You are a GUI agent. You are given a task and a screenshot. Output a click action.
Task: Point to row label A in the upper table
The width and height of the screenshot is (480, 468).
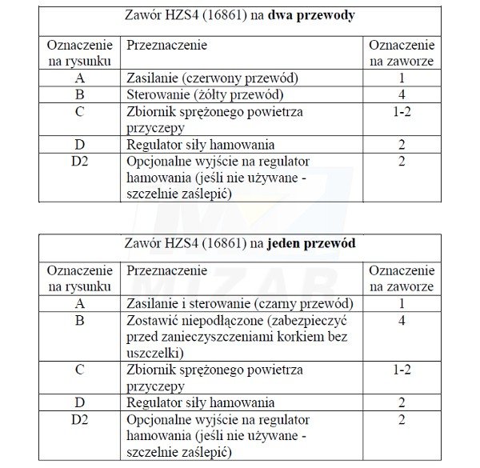coord(79,78)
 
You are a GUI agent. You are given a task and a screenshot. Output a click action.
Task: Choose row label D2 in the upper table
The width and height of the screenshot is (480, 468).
coord(79,161)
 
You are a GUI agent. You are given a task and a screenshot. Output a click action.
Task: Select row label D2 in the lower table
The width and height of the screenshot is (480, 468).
coord(79,419)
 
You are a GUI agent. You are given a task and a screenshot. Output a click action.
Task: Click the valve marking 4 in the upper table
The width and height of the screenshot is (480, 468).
coord(402,94)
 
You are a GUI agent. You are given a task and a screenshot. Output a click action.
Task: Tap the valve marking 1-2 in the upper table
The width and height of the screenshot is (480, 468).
coord(402,111)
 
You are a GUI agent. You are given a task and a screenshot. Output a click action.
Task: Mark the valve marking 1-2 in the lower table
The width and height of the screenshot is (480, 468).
coord(402,370)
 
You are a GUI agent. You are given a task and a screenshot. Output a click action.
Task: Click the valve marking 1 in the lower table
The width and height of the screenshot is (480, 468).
coord(402,304)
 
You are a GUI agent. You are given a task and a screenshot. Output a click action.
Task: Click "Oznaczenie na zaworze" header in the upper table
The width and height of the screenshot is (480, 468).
coord(402,53)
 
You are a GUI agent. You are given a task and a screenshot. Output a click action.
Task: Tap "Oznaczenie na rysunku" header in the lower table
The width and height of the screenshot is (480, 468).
coord(79,279)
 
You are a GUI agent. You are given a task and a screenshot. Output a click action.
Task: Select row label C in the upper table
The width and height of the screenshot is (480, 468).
coord(79,111)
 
